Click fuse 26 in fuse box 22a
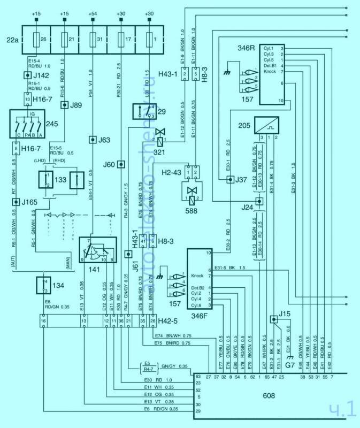(x=36, y=39)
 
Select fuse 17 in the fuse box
(x=119, y=39)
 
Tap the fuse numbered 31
(x=91, y=39)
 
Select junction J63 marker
(x=92, y=140)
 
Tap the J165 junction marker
(x=16, y=202)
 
